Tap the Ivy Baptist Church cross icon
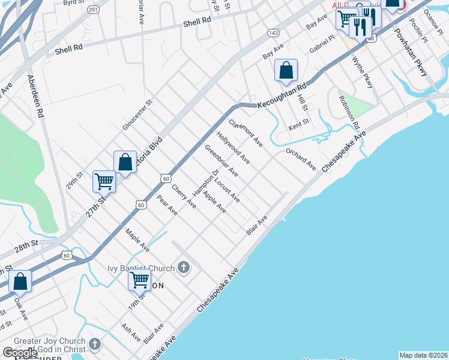pyautogui.click(x=184, y=268)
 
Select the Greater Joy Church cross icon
pyautogui.click(x=94, y=344)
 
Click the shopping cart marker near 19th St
pyautogui.click(x=139, y=280)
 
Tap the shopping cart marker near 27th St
pyautogui.click(x=104, y=181)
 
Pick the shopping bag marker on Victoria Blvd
pyautogui.click(x=125, y=161)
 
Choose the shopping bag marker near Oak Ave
pyautogui.click(x=20, y=281)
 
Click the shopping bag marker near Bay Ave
pyautogui.click(x=286, y=70)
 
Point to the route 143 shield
pyautogui.click(x=274, y=32)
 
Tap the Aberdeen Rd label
pyautogui.click(x=35, y=97)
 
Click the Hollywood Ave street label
pyautogui.click(x=234, y=148)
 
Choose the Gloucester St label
pyautogui.click(x=138, y=114)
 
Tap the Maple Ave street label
pyautogui.click(x=137, y=239)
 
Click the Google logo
pyautogui.click(x=20, y=353)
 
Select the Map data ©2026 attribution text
pyautogui.click(x=423, y=355)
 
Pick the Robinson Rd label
pyautogui.click(x=349, y=113)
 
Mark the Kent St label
pyautogui.click(x=298, y=122)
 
